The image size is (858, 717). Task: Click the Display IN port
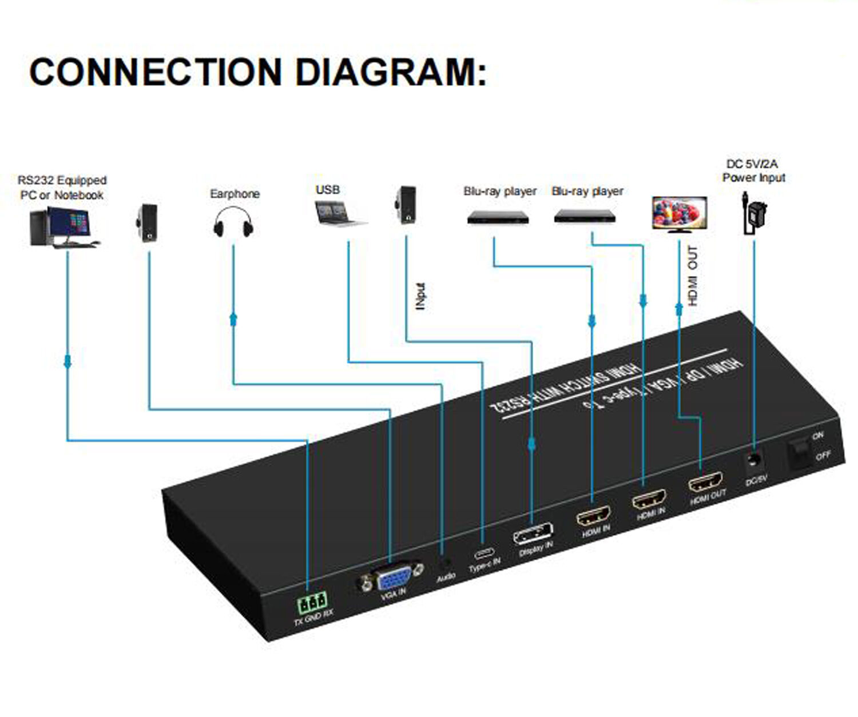point(533,535)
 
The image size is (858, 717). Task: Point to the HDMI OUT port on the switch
point(705,483)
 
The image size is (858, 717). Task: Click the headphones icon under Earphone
point(233,222)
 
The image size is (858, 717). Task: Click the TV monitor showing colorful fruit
point(680,213)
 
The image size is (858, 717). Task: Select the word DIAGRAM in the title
point(390,73)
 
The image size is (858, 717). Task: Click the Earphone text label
point(235,194)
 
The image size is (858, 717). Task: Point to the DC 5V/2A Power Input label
point(753,171)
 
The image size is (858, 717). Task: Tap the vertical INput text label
point(421,296)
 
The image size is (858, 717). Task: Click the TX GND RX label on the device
point(313,618)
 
